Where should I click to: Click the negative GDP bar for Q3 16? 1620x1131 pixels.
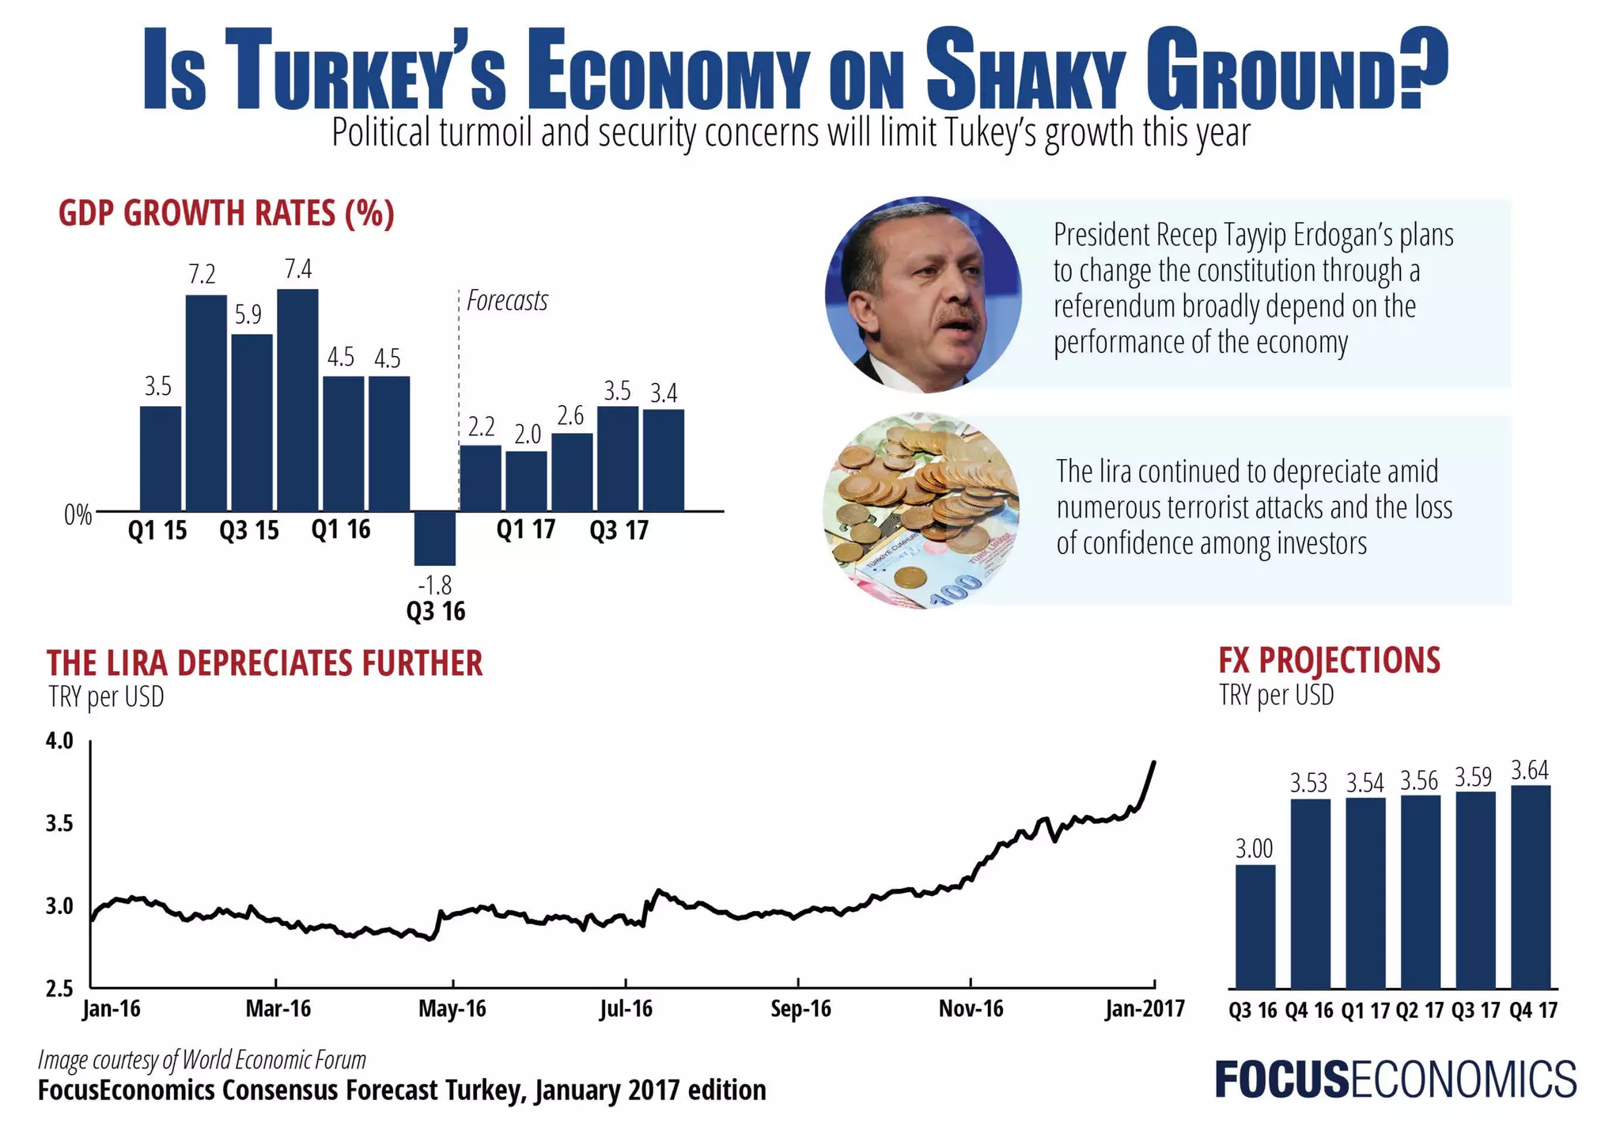[435, 538]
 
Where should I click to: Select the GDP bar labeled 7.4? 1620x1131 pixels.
[298, 400]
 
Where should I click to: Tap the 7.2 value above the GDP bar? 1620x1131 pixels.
[202, 275]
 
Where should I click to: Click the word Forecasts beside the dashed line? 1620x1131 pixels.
[507, 301]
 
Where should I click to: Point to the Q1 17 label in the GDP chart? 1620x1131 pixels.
[526, 529]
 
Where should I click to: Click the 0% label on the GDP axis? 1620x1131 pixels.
[78, 516]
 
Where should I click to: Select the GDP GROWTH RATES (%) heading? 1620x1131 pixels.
[226, 214]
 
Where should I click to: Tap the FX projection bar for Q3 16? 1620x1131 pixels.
[1255, 926]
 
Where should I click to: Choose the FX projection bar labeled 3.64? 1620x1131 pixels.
[1531, 886]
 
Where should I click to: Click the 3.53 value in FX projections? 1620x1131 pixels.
[1309, 784]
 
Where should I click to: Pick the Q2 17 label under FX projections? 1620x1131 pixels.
[1420, 1011]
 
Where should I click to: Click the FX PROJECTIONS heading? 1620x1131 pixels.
[1329, 661]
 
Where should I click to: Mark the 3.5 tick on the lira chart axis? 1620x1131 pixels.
[59, 824]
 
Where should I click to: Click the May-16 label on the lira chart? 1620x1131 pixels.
[452, 1009]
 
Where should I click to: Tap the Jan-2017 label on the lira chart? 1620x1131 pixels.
[1145, 1009]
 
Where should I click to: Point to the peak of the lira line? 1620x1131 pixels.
[1154, 763]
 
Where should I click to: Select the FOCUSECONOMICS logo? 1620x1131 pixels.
[1395, 1080]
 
